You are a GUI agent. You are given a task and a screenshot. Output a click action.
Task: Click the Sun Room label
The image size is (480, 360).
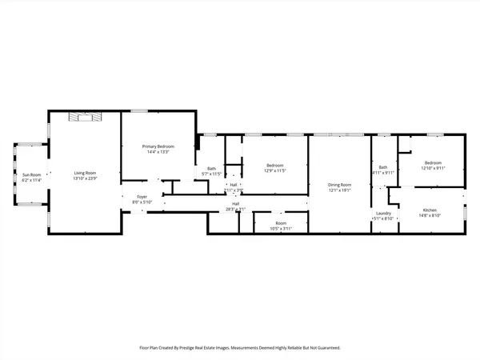pyautogui.click(x=30, y=174)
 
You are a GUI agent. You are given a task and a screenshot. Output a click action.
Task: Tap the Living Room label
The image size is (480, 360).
pyautogui.click(x=85, y=174)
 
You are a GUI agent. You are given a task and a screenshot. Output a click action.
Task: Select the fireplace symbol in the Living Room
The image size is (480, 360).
pyautogui.click(x=85, y=117)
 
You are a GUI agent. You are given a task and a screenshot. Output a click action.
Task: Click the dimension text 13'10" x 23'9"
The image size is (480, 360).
pyautogui.click(x=85, y=178)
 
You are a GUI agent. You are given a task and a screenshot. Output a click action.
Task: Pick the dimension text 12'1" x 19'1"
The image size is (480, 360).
pyautogui.click(x=340, y=190)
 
